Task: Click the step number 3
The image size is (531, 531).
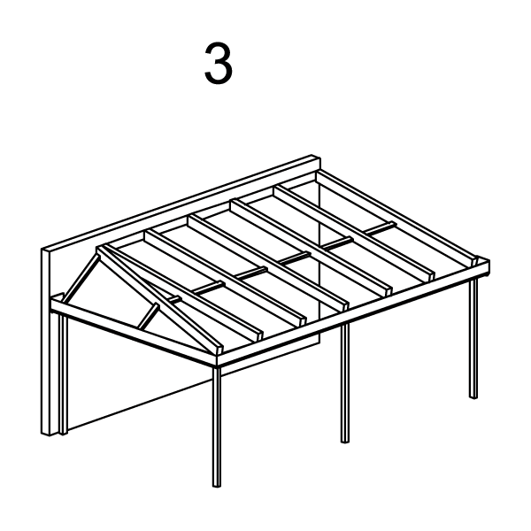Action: click(x=219, y=64)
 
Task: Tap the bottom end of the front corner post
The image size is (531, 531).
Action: click(x=217, y=486)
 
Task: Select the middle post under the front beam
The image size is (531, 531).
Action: click(x=345, y=382)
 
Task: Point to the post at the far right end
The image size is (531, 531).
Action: click(x=473, y=338)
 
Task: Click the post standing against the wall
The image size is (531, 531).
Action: click(x=64, y=373)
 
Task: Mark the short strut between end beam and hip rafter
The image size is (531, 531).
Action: click(x=149, y=316)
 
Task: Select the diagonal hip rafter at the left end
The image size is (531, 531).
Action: click(x=159, y=301)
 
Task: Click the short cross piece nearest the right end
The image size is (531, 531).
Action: click(x=380, y=228)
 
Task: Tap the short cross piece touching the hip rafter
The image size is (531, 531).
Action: click(x=174, y=299)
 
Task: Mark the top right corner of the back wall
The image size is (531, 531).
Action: click(x=320, y=158)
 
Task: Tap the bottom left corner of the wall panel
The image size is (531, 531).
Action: click(x=42, y=433)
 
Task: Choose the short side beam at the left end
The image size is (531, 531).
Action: click(x=134, y=329)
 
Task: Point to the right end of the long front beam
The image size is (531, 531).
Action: click(x=488, y=267)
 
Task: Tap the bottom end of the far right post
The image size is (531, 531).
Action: click(x=473, y=396)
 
